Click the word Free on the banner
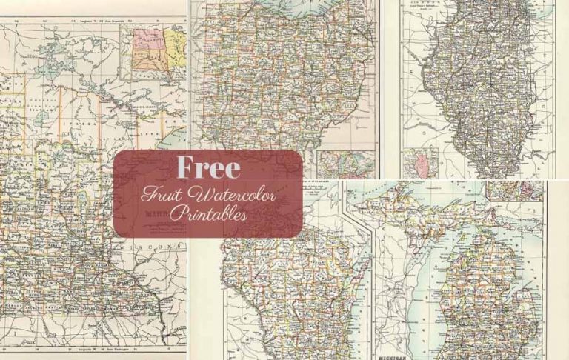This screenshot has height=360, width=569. (208, 168)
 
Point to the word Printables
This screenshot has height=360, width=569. (208, 214)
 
